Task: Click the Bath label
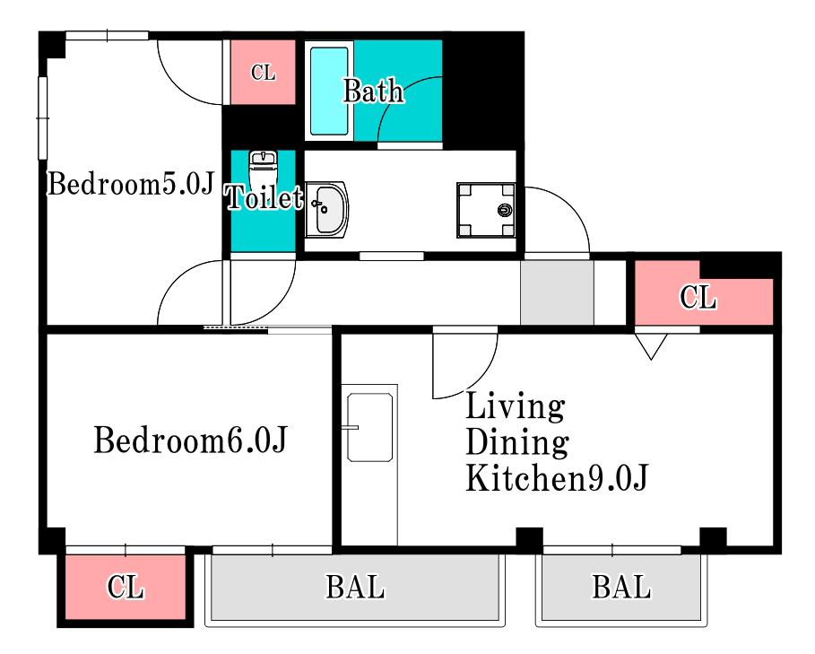[373, 91]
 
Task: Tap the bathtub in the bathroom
[329, 91]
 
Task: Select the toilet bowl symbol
[264, 169]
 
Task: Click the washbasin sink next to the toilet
[326, 209]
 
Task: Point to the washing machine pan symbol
[486, 210]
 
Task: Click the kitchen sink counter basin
[369, 427]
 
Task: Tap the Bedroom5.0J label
[131, 183]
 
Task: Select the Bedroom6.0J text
[190, 440]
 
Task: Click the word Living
[516, 406]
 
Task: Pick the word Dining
[517, 442]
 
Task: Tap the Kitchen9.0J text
[557, 478]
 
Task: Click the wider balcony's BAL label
[356, 587]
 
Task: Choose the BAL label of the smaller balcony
[621, 587]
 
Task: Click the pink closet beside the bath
[263, 73]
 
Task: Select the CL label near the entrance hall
[698, 297]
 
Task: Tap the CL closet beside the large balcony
[126, 587]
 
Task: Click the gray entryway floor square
[557, 292]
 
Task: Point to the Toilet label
[264, 197]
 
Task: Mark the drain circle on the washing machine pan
[505, 210]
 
